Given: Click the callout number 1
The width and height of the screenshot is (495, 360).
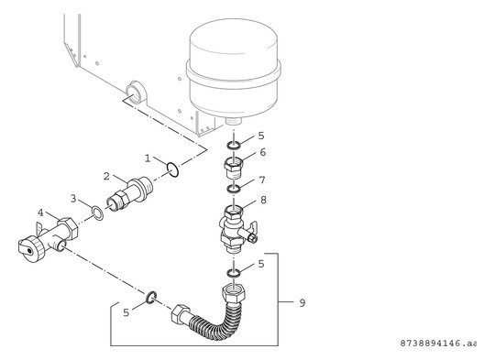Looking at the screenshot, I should coord(148,158).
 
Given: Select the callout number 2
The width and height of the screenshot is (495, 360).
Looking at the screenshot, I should coord(106,175).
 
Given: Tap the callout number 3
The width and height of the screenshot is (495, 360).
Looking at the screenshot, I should coord(74,198).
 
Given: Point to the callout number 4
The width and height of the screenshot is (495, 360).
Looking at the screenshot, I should coord(39,213).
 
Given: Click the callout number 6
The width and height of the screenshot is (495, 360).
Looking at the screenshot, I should coord(262,153).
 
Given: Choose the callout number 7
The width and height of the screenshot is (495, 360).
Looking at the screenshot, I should coord(262,180).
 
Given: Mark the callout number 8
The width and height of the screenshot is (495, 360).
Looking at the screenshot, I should coord(262,199).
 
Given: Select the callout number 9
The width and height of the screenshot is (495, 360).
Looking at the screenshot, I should coord(291,300).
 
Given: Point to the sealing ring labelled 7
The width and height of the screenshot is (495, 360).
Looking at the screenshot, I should coord(233,190).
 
